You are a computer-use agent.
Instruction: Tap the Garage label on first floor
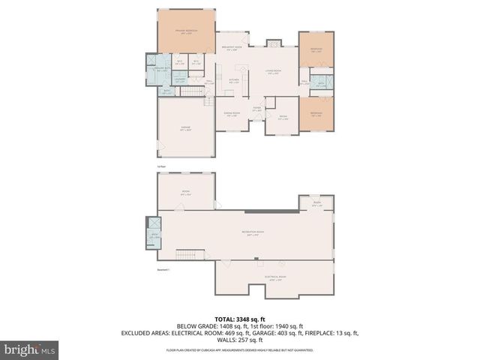[x=185, y=128]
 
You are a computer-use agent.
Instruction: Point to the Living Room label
[x=272, y=72]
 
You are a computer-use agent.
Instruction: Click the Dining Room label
[x=231, y=114]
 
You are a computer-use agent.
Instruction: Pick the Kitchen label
[x=233, y=79]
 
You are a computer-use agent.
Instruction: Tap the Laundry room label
[x=180, y=79]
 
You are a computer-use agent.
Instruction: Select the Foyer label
[x=256, y=109]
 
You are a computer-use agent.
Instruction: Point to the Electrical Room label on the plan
[x=272, y=278]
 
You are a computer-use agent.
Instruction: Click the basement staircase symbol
[x=189, y=253]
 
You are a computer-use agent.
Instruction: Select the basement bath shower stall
[x=154, y=223]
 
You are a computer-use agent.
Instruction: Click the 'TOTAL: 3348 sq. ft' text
[x=239, y=319]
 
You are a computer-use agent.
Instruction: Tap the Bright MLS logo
[x=30, y=349]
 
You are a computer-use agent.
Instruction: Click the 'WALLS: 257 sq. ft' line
[x=239, y=340]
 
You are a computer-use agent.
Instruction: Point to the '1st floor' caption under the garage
[x=160, y=166]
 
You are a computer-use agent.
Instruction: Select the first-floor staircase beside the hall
[x=194, y=91]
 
